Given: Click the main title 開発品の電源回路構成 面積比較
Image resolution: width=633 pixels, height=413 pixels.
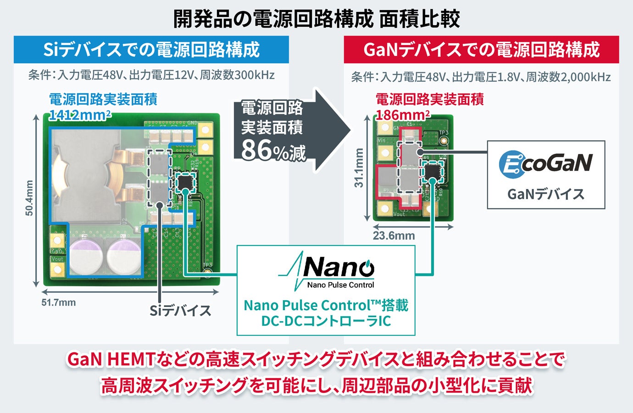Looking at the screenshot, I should [x=316, y=19].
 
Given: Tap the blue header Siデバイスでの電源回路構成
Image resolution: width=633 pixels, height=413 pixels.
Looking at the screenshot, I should [x=151, y=50].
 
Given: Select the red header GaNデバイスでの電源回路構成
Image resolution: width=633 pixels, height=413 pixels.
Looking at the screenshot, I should [x=481, y=50].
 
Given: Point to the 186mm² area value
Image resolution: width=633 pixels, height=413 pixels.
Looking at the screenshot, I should [x=403, y=115].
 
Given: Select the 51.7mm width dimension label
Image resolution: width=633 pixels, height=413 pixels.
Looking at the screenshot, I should [x=59, y=302].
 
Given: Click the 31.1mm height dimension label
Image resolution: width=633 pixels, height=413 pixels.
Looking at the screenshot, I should [x=359, y=167].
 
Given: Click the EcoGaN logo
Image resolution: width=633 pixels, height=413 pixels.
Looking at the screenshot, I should [x=545, y=164].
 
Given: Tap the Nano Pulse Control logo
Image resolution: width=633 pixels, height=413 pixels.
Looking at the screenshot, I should [x=327, y=271].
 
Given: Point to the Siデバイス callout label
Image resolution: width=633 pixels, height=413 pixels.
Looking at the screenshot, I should [x=180, y=311].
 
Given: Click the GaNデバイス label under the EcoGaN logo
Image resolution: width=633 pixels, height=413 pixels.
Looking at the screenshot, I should [x=546, y=194].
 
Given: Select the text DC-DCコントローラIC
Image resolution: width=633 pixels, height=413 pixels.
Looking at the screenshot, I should [x=326, y=320].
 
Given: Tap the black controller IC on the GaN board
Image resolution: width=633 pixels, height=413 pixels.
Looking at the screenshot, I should [x=432, y=171].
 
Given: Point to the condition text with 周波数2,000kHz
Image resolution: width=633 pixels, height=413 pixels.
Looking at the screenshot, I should [x=481, y=77].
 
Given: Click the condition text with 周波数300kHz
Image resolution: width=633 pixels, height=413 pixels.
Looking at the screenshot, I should [x=151, y=75].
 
